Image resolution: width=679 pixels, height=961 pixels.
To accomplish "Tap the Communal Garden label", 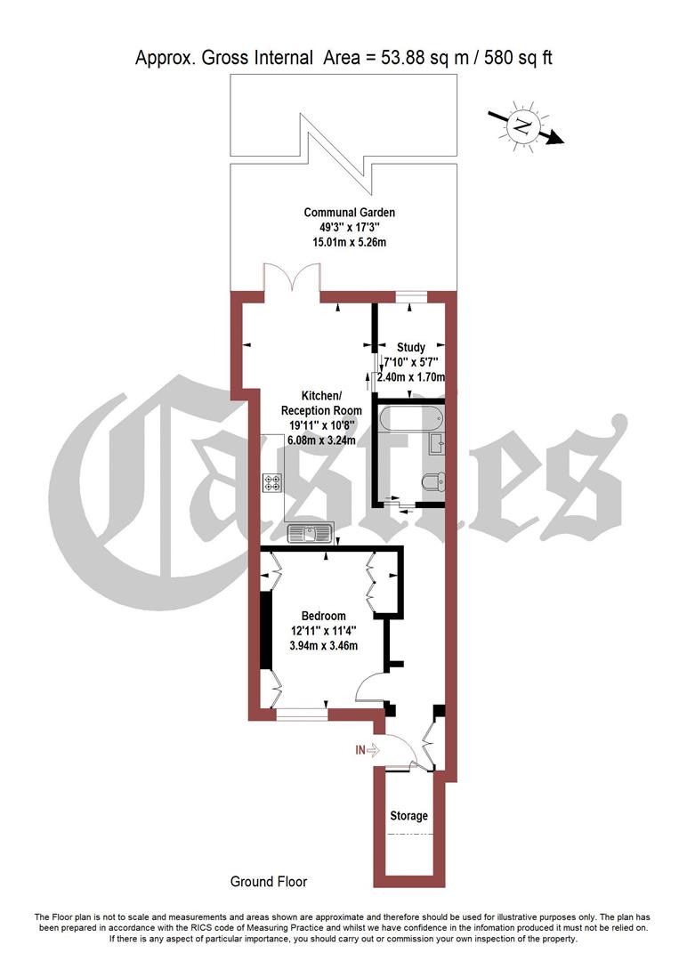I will pos(349,213).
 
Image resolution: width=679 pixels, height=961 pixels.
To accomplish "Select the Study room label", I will pos(411,347).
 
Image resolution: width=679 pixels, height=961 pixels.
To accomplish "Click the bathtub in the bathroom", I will pos(406,418).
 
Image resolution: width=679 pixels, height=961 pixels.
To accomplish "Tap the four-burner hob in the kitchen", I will pos(272,484).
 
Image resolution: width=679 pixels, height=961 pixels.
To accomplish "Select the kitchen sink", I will pos(310,534).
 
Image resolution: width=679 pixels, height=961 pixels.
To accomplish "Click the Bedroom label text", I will pos(323,616).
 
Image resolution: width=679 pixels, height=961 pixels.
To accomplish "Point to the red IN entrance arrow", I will pos(368,750).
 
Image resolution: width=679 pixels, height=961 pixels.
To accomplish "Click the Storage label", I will pos(408,816).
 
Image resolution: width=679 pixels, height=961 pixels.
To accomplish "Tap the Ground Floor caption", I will pos(268,882).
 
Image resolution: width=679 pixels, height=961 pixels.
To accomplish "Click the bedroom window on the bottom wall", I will pos(302,712).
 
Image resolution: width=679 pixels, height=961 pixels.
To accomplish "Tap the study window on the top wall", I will pos(409,296).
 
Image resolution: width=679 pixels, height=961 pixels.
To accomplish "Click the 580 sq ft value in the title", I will pos(516,59).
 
